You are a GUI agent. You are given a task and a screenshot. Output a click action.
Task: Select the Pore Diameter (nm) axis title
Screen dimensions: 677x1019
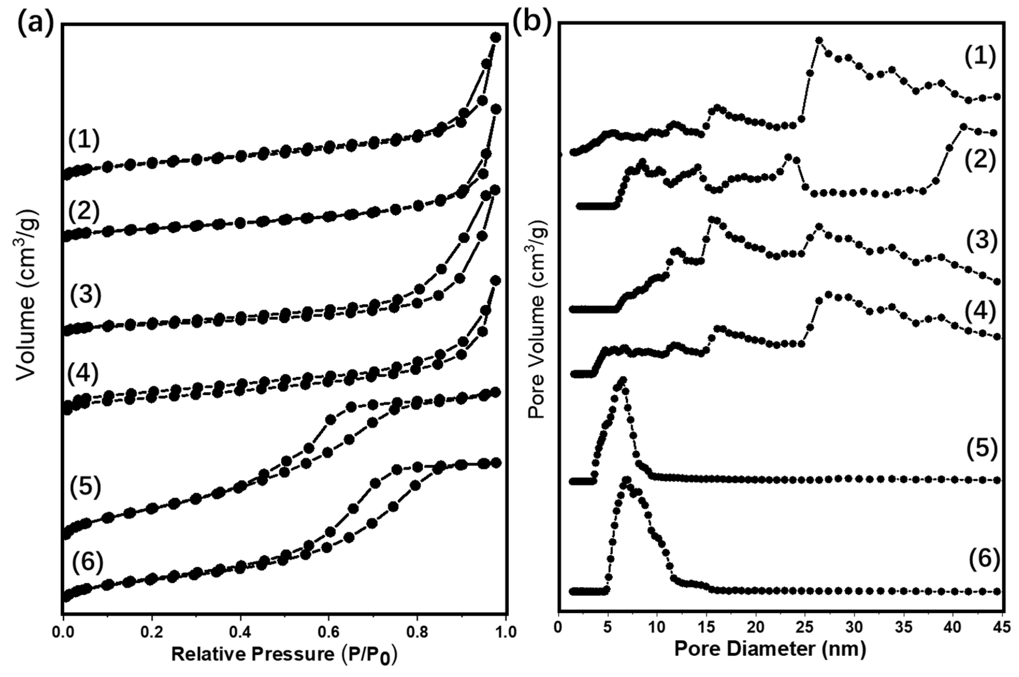click(770, 649)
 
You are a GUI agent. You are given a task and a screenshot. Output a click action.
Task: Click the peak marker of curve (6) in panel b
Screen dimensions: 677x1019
click(627, 480)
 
